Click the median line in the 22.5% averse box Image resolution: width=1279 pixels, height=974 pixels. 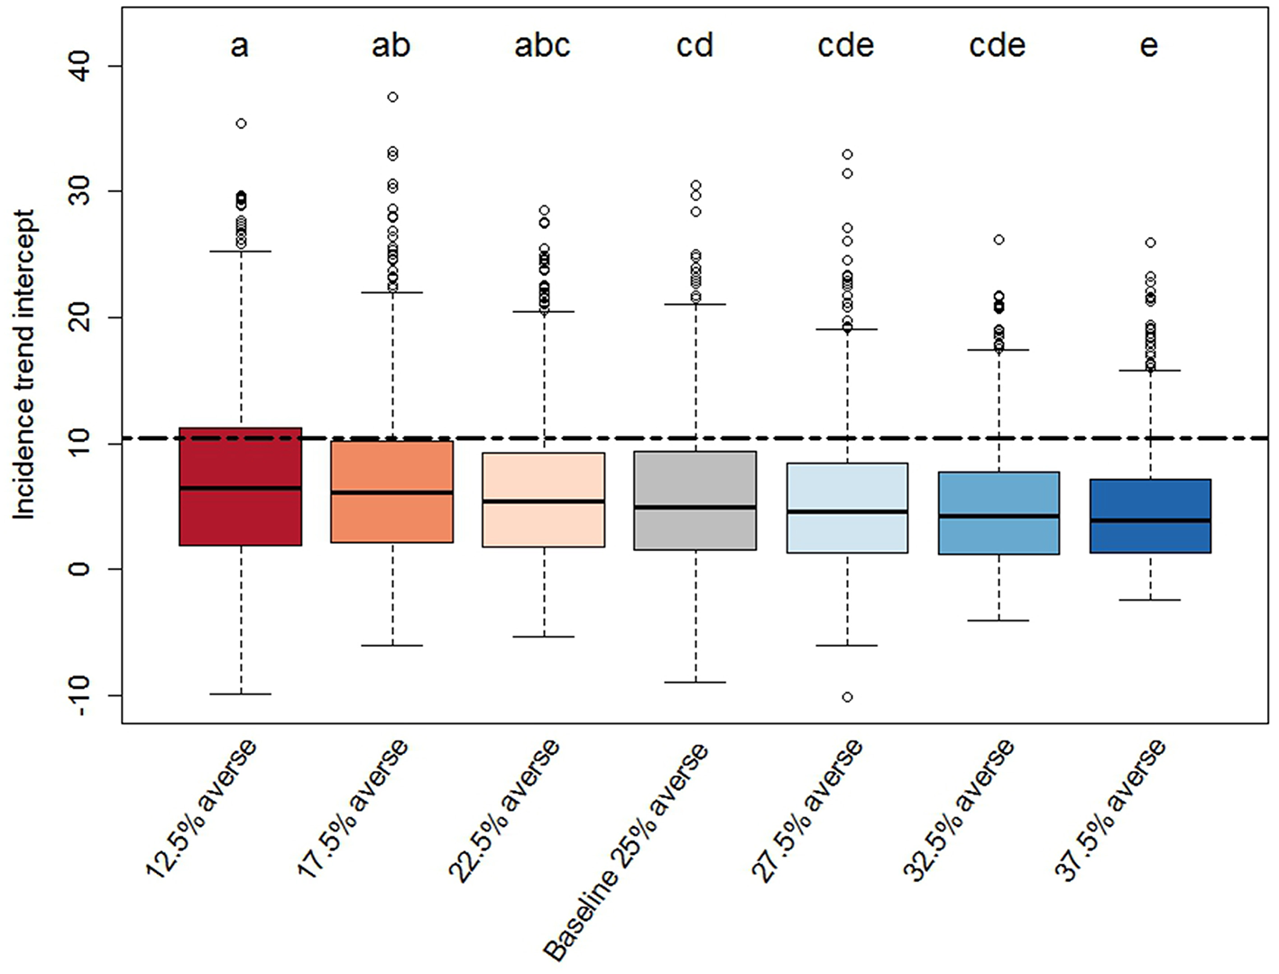tap(544, 501)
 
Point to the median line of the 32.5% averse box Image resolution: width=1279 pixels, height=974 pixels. tap(998, 516)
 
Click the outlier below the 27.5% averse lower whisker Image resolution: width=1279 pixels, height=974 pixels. tap(848, 697)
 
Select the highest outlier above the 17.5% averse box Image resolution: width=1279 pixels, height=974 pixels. tap(393, 97)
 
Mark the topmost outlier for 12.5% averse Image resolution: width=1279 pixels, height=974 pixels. tap(242, 124)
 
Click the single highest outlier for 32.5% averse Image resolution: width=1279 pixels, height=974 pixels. tap(999, 240)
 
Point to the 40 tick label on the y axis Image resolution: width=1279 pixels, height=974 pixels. tap(81, 66)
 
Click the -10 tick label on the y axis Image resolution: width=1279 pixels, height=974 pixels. tap(81, 695)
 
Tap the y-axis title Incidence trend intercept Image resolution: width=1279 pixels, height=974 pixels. tap(24, 364)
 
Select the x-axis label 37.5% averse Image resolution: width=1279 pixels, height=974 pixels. tap(1109, 809)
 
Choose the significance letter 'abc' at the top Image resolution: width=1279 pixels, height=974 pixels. tap(543, 45)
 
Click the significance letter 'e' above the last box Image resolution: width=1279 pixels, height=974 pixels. tap(1149, 46)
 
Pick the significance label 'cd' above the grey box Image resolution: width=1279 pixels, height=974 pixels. tap(695, 45)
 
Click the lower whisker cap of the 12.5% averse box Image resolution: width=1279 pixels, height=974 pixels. tap(241, 694)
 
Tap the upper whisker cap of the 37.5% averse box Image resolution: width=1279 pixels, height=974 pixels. tap(1150, 371)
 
